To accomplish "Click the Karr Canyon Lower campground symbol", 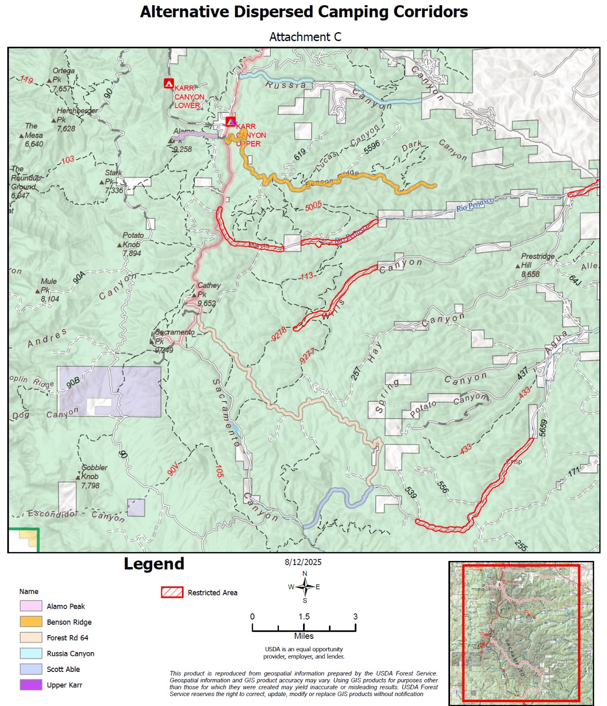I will [169, 84].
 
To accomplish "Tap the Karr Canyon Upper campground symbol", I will [230, 121].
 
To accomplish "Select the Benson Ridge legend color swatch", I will [31, 622].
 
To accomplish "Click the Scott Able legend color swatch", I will [31, 669].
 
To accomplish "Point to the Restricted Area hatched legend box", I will [172, 593].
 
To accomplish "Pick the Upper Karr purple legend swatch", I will [31, 685].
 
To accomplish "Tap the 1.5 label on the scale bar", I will [304, 617].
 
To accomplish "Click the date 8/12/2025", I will [303, 562].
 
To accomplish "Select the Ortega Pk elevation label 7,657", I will [61, 89].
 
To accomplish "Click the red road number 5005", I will [313, 206].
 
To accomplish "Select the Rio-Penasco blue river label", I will [475, 205].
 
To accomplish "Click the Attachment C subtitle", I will [305, 37].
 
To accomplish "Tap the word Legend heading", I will [154, 564].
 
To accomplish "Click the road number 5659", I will [543, 428].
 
